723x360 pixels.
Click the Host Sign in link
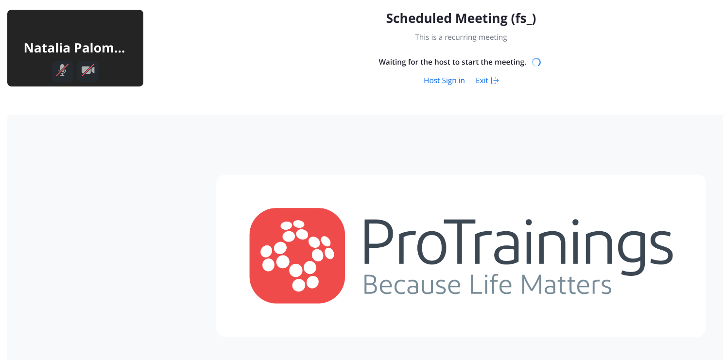pyautogui.click(x=444, y=80)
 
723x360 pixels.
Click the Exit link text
pyautogui.click(x=482, y=80)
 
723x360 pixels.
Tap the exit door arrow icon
pyautogui.click(x=495, y=80)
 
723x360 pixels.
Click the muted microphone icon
pyautogui.click(x=62, y=70)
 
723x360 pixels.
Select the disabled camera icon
pyautogui.click(x=88, y=70)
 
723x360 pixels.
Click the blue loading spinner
pyautogui.click(x=536, y=62)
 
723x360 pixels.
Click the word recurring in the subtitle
pyautogui.click(x=461, y=37)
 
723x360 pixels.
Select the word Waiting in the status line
pyautogui.click(x=392, y=62)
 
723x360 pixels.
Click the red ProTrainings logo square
pyautogui.click(x=297, y=256)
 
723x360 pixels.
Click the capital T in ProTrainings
pyautogui.click(x=459, y=241)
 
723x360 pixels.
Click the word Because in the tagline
pyautogui.click(x=412, y=284)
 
